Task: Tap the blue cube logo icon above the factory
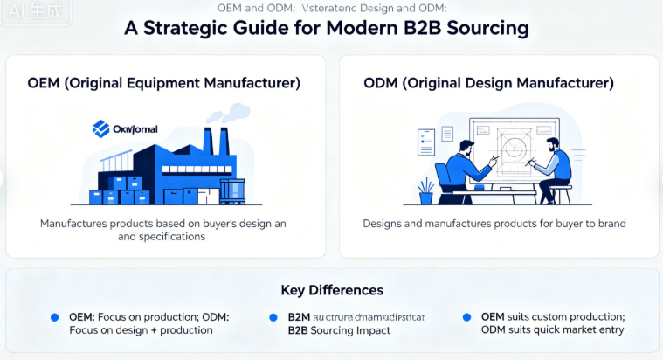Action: pos(100,128)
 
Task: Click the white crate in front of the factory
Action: pos(231,190)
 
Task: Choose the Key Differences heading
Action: pos(331,290)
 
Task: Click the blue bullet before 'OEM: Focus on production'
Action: pos(54,316)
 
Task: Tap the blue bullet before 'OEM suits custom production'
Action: pos(466,316)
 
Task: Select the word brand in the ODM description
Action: pos(611,224)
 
